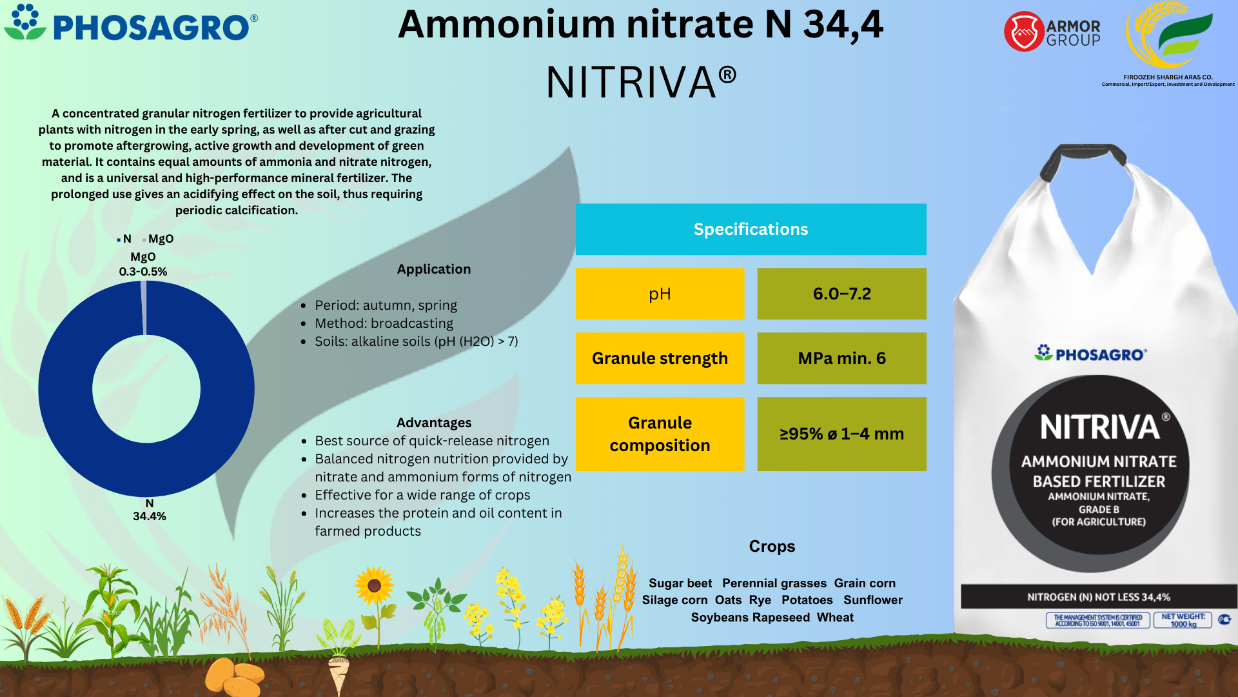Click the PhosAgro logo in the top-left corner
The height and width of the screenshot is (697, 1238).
(x=131, y=23)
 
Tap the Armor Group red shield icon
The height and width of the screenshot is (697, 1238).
(x=1023, y=32)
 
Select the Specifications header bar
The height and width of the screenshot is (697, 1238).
(x=751, y=229)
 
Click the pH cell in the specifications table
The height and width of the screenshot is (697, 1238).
(x=660, y=294)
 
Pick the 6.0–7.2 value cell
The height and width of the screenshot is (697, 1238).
(x=841, y=294)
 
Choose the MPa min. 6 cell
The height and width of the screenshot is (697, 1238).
(x=841, y=358)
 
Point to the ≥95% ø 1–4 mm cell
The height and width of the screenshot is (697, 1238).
(x=841, y=434)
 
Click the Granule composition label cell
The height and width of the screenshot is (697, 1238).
(x=660, y=434)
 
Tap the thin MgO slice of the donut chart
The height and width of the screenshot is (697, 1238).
(x=144, y=308)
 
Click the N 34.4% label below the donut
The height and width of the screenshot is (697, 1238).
(x=150, y=510)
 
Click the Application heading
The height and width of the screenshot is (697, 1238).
(x=434, y=269)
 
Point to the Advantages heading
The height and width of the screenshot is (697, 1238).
(x=434, y=423)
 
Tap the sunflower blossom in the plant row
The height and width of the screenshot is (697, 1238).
(x=374, y=586)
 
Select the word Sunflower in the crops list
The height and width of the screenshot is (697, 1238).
(x=873, y=600)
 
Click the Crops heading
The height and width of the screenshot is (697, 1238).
(x=772, y=547)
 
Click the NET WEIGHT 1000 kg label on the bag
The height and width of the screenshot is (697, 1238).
(x=1183, y=620)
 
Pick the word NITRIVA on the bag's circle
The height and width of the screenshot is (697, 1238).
(x=1100, y=427)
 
